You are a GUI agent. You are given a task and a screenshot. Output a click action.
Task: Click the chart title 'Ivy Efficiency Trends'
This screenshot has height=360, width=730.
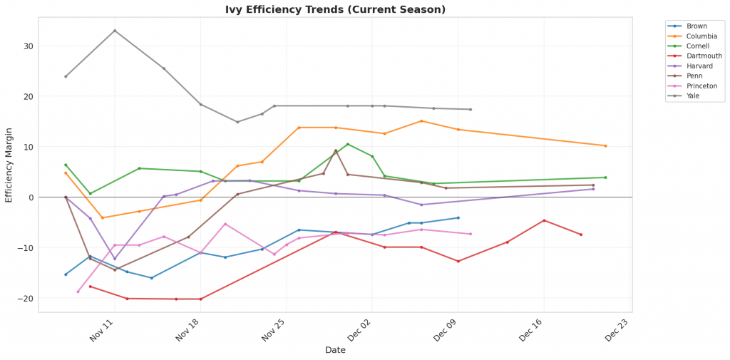(x=335, y=9)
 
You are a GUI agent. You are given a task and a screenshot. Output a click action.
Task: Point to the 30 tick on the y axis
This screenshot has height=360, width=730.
(x=28, y=46)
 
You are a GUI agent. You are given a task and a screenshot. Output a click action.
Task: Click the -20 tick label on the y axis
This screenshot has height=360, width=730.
(x=26, y=298)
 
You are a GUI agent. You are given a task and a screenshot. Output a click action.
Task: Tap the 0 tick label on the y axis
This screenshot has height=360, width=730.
(x=31, y=197)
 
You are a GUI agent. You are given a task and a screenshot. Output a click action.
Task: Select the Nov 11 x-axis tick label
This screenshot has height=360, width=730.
(x=103, y=331)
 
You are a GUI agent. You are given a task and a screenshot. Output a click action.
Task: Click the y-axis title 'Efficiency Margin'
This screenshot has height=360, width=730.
(x=9, y=165)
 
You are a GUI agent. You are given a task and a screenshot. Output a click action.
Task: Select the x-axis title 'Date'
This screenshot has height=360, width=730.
(x=335, y=350)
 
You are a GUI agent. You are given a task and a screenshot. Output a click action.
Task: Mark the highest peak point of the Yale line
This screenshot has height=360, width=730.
(x=115, y=31)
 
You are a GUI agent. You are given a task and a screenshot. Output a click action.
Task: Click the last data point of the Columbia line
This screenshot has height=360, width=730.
(x=605, y=146)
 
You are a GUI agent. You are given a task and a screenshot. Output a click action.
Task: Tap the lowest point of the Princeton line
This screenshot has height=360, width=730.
(x=78, y=292)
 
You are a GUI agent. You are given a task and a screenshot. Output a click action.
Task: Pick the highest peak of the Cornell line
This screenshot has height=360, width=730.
(x=348, y=144)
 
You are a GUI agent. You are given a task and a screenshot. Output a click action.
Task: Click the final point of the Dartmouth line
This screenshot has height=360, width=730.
(x=581, y=235)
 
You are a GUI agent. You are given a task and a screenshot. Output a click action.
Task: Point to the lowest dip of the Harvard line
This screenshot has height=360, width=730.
(x=115, y=259)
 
